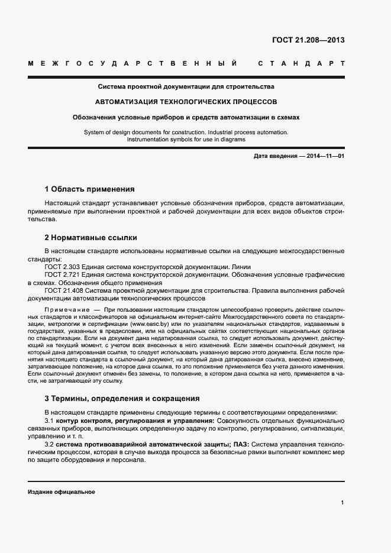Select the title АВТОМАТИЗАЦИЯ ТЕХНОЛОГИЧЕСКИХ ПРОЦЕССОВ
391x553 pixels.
186,101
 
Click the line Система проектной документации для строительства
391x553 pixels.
186,86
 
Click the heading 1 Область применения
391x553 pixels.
89,189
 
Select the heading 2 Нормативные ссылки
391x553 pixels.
91,238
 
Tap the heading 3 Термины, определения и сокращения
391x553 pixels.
122,398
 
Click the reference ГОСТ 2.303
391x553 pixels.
63,267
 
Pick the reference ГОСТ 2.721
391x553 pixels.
63,275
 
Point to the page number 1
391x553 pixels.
342,503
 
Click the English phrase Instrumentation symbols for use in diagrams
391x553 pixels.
186,140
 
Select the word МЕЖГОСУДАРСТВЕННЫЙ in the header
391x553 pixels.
134,63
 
